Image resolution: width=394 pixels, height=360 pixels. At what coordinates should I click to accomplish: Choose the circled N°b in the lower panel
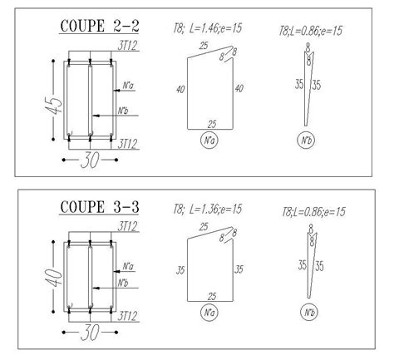(x=309, y=313)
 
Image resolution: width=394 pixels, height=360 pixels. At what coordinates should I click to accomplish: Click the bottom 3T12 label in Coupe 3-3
(x=127, y=315)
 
